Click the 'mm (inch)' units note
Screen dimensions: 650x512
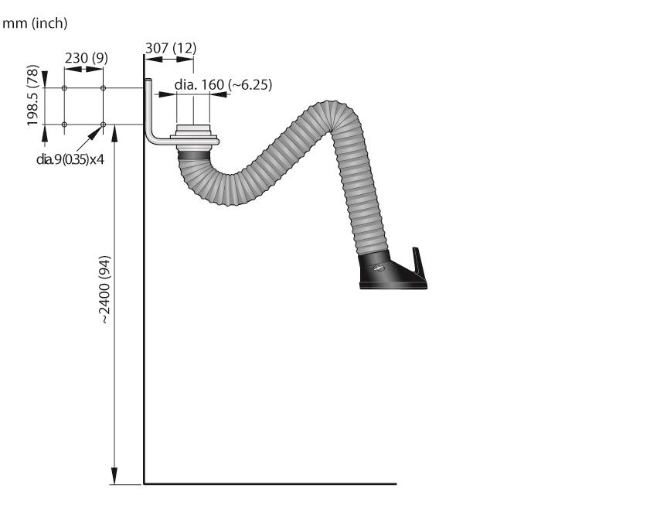point(35,23)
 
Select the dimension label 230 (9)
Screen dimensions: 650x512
point(87,58)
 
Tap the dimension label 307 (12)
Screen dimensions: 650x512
point(171,48)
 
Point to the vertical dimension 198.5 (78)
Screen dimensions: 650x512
point(32,95)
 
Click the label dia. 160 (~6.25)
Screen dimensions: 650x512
point(223,84)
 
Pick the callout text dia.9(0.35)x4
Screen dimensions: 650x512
point(70,159)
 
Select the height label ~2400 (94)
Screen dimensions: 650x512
point(105,289)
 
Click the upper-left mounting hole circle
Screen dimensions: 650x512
point(64,88)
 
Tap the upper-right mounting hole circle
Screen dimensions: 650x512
point(104,88)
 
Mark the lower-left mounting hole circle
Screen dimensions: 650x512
point(64,125)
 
